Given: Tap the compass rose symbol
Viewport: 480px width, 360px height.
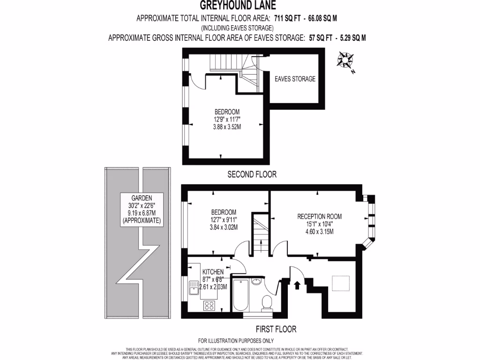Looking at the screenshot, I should pyautogui.click(x=346, y=61).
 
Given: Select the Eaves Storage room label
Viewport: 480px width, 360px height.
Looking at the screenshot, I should pyautogui.click(x=295, y=79).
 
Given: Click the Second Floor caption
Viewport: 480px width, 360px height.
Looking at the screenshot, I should pyautogui.click(x=252, y=174).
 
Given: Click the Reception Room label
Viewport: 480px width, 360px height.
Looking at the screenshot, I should pyautogui.click(x=319, y=217).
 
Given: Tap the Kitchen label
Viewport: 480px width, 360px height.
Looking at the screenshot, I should pyautogui.click(x=213, y=272).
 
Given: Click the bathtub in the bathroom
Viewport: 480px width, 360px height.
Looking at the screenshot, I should pyautogui.click(x=240, y=294).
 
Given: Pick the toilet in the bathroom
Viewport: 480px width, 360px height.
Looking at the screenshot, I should pyautogui.click(x=267, y=302).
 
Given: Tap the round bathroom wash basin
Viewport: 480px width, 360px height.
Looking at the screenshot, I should pyautogui.click(x=256, y=282).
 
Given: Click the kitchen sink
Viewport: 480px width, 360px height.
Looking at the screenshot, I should pyautogui.click(x=195, y=287).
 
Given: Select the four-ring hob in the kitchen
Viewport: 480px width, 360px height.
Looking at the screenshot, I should pyautogui.click(x=209, y=306).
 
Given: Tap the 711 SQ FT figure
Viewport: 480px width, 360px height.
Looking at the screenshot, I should pyautogui.click(x=287, y=19).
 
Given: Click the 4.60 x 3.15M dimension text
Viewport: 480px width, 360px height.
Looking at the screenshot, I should pyautogui.click(x=319, y=232).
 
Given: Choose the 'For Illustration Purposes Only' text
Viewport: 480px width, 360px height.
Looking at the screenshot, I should pyautogui.click(x=236, y=341).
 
